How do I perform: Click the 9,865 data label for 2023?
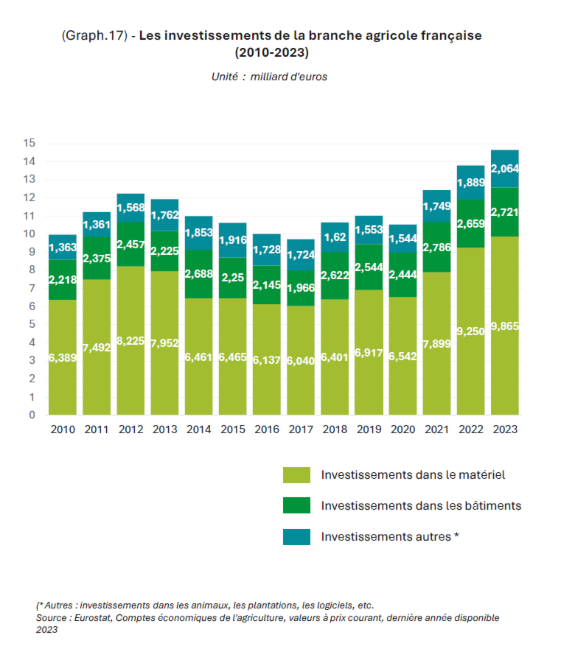coord(505,326)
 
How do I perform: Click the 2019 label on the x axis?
coord(369,429)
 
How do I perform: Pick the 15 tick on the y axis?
coord(29,144)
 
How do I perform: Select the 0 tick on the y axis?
coord(32,415)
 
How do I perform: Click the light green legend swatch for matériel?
coord(296,475)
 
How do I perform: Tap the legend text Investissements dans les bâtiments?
coord(421,505)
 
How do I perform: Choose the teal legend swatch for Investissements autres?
coord(296,536)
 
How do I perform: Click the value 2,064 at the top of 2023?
coord(505,169)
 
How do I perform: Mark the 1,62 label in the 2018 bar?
coord(335,237)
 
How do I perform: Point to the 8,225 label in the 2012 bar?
coord(130,342)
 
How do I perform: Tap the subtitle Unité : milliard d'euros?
coord(270,76)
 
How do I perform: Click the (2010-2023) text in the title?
coord(271,52)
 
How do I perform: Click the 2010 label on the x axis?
coord(63,429)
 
